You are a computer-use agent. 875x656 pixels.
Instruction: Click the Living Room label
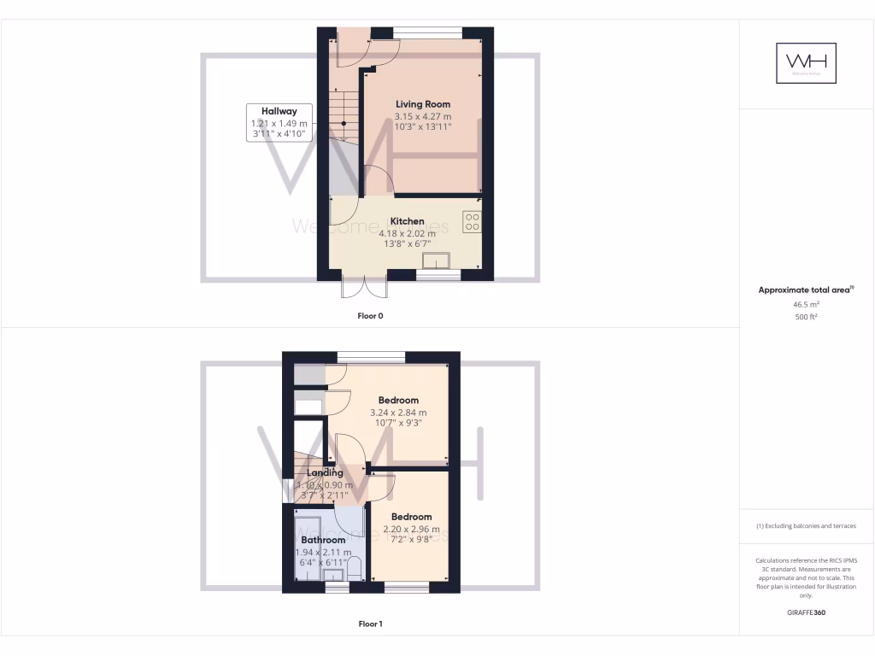tap(422, 104)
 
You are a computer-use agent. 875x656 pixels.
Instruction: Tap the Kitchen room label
tap(407, 221)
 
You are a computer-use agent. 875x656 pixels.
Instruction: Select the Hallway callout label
tap(279, 111)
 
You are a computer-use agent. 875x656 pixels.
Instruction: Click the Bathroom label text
tap(323, 540)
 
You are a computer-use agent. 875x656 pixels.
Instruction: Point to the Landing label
tap(325, 472)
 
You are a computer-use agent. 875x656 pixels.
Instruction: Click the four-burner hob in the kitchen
tap(472, 222)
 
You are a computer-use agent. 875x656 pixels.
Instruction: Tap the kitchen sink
tap(436, 261)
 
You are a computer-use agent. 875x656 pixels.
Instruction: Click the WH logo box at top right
tap(806, 62)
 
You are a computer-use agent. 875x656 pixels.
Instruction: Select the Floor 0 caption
tap(370, 316)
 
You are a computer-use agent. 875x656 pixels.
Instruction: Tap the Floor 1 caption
tap(370, 624)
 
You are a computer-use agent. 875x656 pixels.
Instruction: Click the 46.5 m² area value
tap(806, 304)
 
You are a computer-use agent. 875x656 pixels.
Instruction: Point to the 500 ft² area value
tap(806, 317)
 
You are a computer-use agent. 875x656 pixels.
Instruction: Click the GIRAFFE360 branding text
tap(806, 612)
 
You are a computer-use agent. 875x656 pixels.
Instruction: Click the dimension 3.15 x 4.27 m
tap(422, 116)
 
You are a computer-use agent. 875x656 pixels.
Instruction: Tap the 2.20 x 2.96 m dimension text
tap(411, 529)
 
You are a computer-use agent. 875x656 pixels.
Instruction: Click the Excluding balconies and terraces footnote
tap(806, 525)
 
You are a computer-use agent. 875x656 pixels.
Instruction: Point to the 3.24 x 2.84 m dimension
tap(398, 413)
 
